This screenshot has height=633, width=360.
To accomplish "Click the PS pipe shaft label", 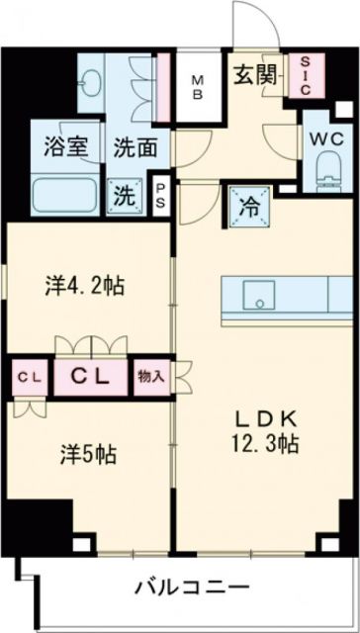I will click(x=160, y=192).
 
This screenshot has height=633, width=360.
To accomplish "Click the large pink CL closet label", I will click(x=93, y=378).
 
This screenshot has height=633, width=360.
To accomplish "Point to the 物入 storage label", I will click(x=151, y=378).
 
